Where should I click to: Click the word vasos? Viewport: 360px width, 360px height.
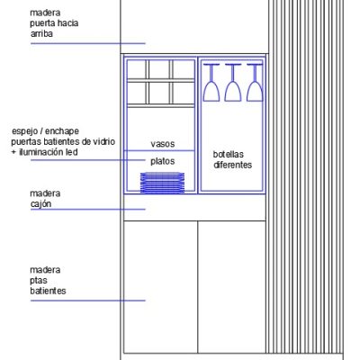pyautogui.click(x=163, y=144)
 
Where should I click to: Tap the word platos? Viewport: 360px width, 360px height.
pyautogui.click(x=163, y=161)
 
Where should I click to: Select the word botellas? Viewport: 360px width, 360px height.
pyautogui.click(x=229, y=154)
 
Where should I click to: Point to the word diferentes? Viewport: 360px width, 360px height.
pyautogui.click(x=233, y=165)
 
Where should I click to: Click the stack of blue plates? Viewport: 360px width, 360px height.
pyautogui.click(x=162, y=183)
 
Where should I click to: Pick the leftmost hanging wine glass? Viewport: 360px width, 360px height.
pyautogui.click(x=211, y=83)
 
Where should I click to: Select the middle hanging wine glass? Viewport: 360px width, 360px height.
pyautogui.click(x=233, y=83)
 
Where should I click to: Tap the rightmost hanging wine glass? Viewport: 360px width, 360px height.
pyautogui.click(x=255, y=83)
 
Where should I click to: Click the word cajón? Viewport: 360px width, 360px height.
pyautogui.click(x=40, y=204)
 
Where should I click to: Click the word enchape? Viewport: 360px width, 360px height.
pyautogui.click(x=62, y=131)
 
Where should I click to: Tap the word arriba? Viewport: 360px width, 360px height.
pyautogui.click(x=41, y=33)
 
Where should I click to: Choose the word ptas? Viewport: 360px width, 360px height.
pyautogui.click(x=39, y=281)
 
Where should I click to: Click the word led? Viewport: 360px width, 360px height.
pyautogui.click(x=72, y=152)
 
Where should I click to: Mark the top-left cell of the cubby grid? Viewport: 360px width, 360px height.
pyautogui.click(x=137, y=69)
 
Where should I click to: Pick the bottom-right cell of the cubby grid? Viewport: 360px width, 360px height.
pyautogui.click(x=184, y=93)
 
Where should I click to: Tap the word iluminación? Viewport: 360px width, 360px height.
pyautogui.click(x=41, y=152)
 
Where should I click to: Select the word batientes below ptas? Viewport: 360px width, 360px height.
pyautogui.click(x=48, y=291)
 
